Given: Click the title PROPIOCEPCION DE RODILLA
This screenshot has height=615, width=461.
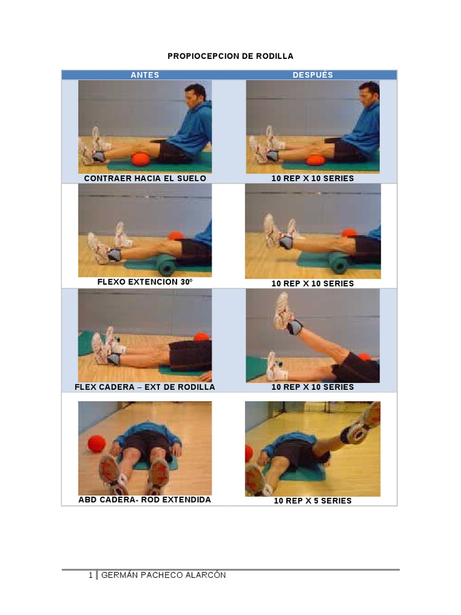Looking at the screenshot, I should (x=230, y=56).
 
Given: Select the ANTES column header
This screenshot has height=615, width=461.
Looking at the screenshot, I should (x=145, y=75).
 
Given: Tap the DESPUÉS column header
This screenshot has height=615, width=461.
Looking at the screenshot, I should (x=313, y=75).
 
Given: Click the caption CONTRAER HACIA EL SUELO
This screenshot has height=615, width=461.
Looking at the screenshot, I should (x=145, y=178).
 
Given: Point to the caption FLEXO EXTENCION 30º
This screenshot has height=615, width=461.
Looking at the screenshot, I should (x=145, y=282).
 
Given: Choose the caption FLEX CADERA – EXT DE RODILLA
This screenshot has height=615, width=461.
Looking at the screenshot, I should (x=145, y=387).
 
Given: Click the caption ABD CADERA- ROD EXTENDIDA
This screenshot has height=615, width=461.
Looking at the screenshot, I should (x=145, y=500).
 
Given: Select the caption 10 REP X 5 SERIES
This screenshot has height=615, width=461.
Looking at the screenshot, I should (x=313, y=501).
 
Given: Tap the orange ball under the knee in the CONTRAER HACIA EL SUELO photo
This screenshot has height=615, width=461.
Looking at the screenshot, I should (x=140, y=159).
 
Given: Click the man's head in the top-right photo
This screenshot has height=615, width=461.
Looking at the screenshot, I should (x=368, y=94).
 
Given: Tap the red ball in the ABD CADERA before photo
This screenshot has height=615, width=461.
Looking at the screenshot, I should (x=96, y=444).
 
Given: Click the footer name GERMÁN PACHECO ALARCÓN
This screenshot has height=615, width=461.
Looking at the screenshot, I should (x=163, y=575).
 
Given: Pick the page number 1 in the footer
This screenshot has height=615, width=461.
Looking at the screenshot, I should (x=91, y=575).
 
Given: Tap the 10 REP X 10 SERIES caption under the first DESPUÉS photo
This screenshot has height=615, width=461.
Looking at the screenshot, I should (x=313, y=178).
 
